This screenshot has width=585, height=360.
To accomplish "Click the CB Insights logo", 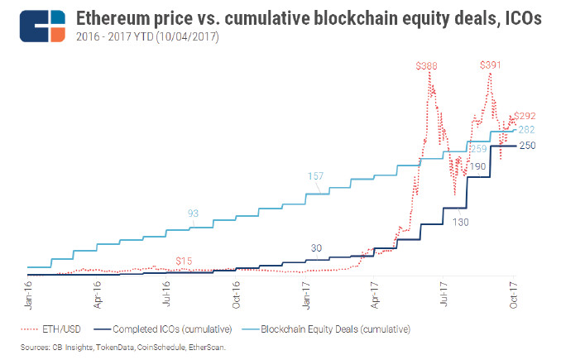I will [x=41, y=26].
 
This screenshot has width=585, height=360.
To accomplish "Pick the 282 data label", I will [x=526, y=129].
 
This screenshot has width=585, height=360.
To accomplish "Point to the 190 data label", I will [x=477, y=167].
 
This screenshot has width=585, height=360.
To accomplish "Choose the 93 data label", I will [x=193, y=213].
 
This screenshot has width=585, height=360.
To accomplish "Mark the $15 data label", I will [x=184, y=261].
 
